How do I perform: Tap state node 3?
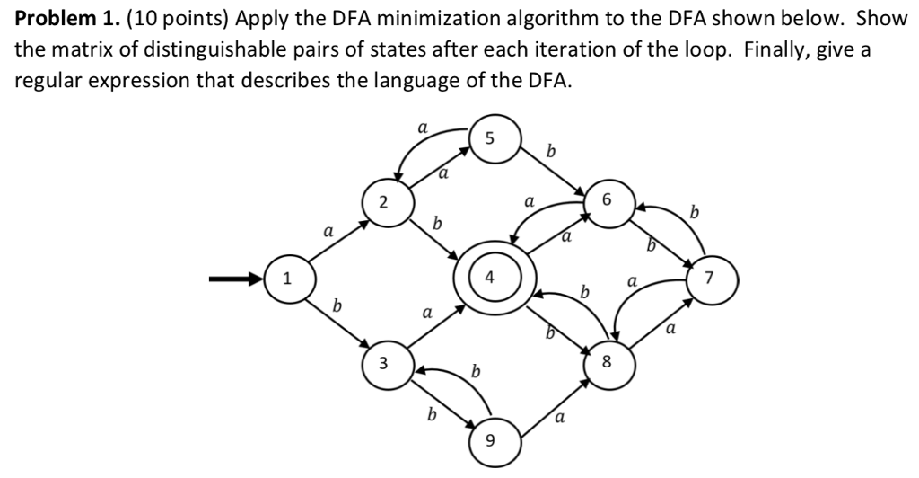click(x=384, y=364)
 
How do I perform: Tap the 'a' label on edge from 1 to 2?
click(x=328, y=231)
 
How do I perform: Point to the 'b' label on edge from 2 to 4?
click(x=437, y=221)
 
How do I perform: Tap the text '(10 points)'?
click(x=152, y=20)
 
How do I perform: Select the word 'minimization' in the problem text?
click(x=411, y=20)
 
